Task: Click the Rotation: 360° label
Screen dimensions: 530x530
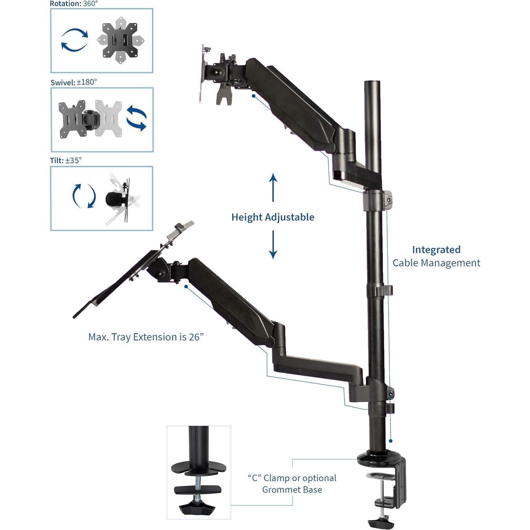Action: point(73,4)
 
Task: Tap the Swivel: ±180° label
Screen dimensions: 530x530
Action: point(73,82)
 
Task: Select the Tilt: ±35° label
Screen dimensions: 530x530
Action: point(66,160)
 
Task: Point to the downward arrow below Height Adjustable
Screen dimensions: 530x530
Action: point(273,245)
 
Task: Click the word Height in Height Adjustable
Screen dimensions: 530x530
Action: point(247,217)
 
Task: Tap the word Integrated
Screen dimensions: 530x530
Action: point(436,250)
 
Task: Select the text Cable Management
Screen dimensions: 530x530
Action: point(436,263)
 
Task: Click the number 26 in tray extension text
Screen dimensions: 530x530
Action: point(194,337)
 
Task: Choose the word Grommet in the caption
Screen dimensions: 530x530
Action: point(281,490)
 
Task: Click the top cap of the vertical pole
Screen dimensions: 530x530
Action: point(372,83)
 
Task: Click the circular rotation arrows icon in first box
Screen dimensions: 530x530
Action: point(75,40)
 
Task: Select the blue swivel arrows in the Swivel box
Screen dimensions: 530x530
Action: point(136,118)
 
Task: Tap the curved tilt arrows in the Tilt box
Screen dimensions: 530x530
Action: point(84,196)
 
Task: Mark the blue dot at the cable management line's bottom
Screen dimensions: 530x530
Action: point(391,441)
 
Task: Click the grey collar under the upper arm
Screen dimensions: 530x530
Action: point(377,200)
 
